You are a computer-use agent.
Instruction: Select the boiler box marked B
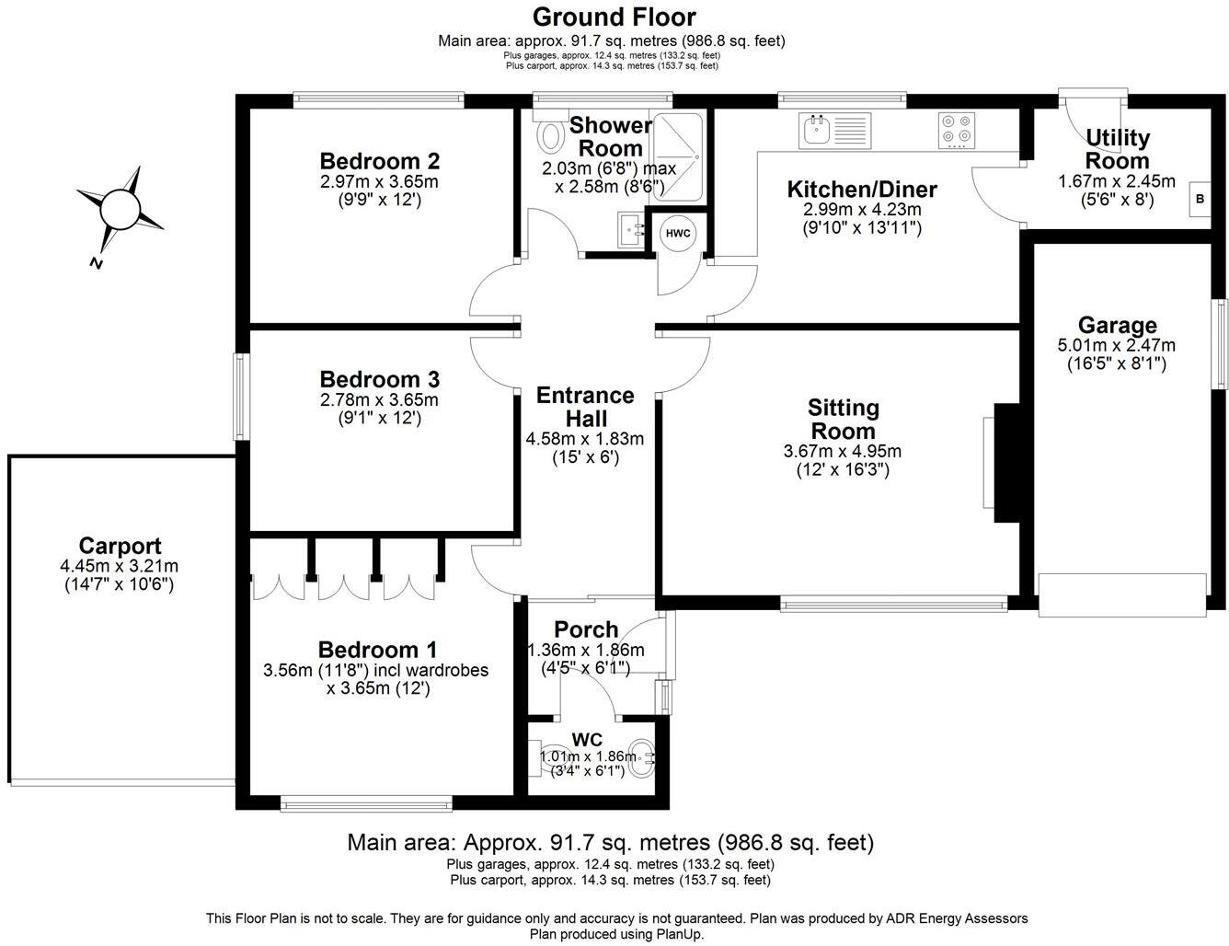[1200, 199]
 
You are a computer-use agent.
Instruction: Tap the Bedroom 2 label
[379, 161]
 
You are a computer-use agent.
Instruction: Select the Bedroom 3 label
[379, 379]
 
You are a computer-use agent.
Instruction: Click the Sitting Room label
[844, 419]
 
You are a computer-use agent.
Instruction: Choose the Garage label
[1117, 325]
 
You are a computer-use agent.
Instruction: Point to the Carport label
[120, 546]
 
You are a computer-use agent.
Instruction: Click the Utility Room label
[1117, 149]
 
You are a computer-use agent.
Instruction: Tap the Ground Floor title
[614, 17]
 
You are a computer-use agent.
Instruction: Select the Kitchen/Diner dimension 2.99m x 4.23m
[862, 209]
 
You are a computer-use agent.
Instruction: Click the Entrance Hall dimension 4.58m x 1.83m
[585, 437]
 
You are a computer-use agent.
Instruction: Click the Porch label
[586, 629]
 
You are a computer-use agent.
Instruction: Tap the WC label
[587, 740]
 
